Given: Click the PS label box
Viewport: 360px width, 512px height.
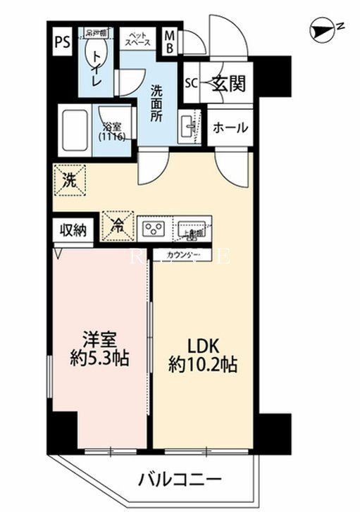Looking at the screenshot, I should (x=61, y=41).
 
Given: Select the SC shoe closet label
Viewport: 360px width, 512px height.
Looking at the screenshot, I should (x=191, y=83).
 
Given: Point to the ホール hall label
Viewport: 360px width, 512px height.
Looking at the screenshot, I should (x=230, y=127).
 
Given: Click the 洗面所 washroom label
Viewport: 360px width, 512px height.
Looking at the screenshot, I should (x=156, y=103).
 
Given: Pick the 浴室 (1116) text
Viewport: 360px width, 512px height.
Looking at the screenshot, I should (x=113, y=132).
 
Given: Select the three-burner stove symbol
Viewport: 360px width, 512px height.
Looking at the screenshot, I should (x=154, y=227).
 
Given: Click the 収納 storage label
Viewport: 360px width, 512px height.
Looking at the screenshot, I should (x=73, y=230).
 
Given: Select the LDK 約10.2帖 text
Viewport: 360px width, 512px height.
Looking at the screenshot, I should (x=203, y=356).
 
